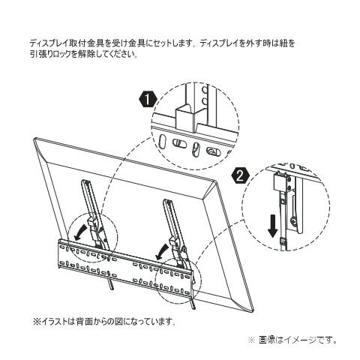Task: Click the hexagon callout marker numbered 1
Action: (x=148, y=100)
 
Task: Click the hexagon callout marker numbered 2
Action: (x=240, y=176)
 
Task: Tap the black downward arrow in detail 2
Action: (x=272, y=226)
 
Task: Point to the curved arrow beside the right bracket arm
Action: (x=163, y=252)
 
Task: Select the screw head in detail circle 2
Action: (x=293, y=220)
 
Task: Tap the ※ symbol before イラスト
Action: (x=37, y=321)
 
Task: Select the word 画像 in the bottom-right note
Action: (x=267, y=340)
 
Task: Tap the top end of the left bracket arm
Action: (x=85, y=181)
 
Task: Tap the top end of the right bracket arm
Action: (x=167, y=200)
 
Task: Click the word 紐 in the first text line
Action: (x=281, y=43)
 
